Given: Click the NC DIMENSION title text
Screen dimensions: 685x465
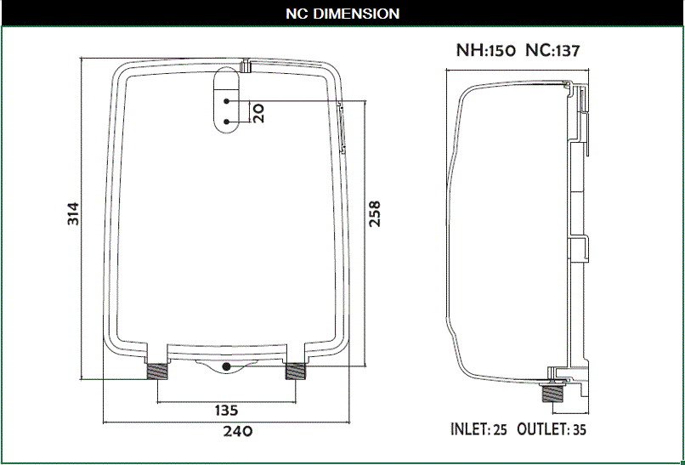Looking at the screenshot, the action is tap(342, 14).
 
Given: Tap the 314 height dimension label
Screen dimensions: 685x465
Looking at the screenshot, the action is tap(73, 213).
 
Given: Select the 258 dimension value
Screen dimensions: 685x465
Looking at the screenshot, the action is tap(375, 213).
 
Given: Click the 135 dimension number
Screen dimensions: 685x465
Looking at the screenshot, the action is tap(226, 411).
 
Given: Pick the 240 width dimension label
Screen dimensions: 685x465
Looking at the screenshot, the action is tap(238, 431).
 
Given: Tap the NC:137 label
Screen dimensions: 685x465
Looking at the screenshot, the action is tap(552, 51).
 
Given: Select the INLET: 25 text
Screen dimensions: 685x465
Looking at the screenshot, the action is tap(478, 429).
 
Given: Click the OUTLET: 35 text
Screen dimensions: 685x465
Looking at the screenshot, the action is tap(552, 429).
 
